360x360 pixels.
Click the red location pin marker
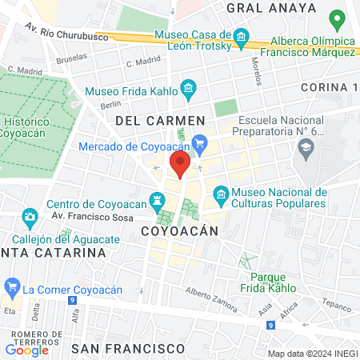pyautogui.click(x=180, y=164)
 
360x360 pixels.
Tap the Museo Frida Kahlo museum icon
pyautogui.click(x=188, y=87)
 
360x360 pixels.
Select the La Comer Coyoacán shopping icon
pyautogui.click(x=12, y=287)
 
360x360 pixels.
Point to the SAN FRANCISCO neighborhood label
pyautogui.click(x=128, y=349)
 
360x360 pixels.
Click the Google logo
pyautogui.click(x=26, y=350)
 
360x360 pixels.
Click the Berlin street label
pyautogui.click(x=110, y=105)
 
